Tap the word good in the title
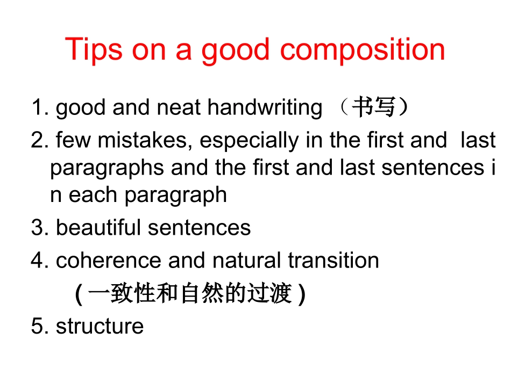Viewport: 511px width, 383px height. point(236,50)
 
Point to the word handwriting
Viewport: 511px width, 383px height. point(265,108)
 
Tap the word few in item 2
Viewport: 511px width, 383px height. point(72,140)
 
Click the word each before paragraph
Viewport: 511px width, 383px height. point(95,194)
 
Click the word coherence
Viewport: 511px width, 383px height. point(109,261)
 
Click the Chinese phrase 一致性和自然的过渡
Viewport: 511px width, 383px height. point(190,294)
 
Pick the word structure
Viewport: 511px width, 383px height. point(100,326)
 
